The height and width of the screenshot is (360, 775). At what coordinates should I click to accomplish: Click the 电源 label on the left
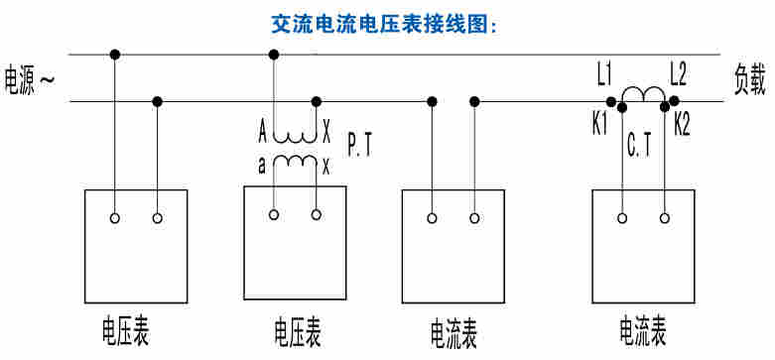tap(23, 79)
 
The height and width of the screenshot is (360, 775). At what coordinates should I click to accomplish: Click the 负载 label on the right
tap(749, 79)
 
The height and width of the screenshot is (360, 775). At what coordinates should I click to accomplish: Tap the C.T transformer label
tap(640, 147)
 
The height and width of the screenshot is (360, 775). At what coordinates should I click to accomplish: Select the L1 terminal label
tap(604, 72)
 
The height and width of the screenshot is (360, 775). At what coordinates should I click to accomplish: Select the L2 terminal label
tap(679, 72)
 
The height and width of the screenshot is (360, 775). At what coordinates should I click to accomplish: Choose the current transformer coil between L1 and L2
tap(642, 96)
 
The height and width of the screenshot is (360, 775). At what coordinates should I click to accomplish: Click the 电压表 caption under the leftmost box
tap(126, 326)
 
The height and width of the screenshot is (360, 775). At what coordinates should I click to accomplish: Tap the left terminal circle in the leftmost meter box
tap(115, 217)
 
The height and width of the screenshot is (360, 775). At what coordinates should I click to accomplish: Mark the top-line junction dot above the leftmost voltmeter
tap(115, 55)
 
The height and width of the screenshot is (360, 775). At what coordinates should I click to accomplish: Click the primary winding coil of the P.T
tap(295, 137)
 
